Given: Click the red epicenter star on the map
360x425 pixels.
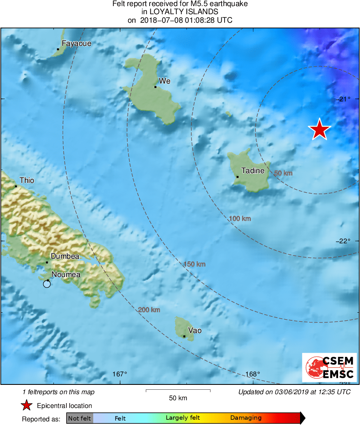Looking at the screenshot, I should pyautogui.click(x=319, y=129).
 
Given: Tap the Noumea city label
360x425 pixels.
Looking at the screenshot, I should pyautogui.click(x=66, y=275).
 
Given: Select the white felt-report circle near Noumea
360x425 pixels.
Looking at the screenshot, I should pyautogui.click(x=47, y=284).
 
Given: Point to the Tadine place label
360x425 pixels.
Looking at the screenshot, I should pyautogui.click(x=253, y=171).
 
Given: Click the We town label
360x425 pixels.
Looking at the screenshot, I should pyautogui.click(x=165, y=81).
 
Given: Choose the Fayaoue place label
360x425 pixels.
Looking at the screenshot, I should pyautogui.click(x=77, y=43).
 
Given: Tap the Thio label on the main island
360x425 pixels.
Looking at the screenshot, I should pyautogui.click(x=27, y=180).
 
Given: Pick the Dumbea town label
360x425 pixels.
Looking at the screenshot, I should pyautogui.click(x=65, y=256).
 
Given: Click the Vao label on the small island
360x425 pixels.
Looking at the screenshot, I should pyautogui.click(x=195, y=331).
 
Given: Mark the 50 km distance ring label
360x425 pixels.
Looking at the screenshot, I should pyautogui.click(x=283, y=173).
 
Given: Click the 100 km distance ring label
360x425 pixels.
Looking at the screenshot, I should pyautogui.click(x=240, y=219).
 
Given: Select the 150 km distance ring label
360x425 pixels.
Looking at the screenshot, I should pyautogui.click(x=195, y=264).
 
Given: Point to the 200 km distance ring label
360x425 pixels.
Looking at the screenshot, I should pyautogui.click(x=149, y=310).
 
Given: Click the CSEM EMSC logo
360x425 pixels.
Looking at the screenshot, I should pyautogui.click(x=329, y=367).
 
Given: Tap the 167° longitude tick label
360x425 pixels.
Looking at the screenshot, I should pyautogui.click(x=120, y=374).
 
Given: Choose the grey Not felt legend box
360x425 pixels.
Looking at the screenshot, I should pyautogui.click(x=79, y=418).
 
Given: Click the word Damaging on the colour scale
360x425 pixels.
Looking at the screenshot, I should pyautogui.click(x=246, y=418).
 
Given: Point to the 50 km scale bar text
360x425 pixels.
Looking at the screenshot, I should pyautogui.click(x=178, y=398).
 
